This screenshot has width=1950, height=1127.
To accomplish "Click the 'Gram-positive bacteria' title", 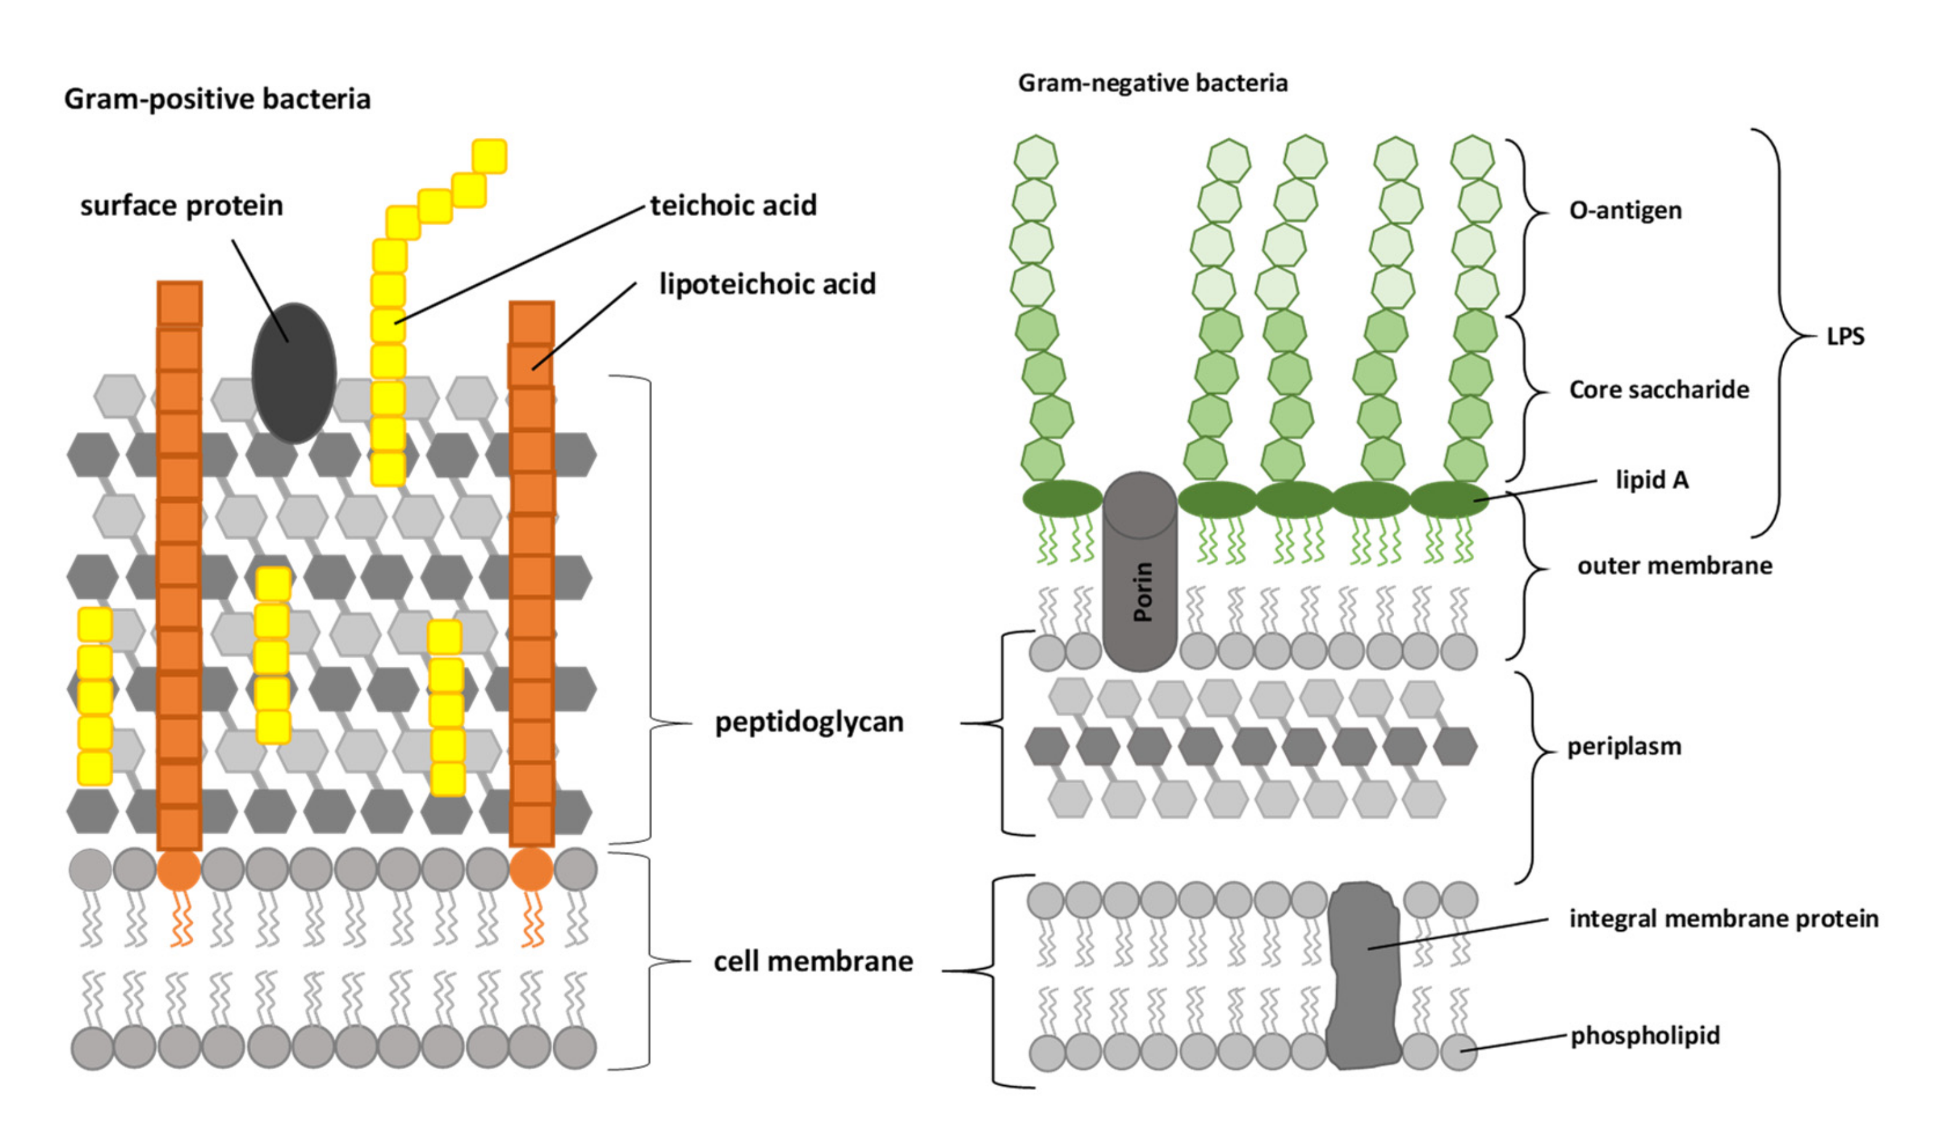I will (x=217, y=99).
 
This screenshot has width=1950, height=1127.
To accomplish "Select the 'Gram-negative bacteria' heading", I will (x=1152, y=83).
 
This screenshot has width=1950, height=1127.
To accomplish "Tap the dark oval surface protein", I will (x=294, y=373).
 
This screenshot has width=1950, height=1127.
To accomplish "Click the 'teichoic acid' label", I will (x=733, y=205).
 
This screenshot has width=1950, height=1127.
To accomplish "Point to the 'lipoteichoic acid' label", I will (x=767, y=284).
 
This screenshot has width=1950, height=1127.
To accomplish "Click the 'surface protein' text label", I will (x=181, y=205).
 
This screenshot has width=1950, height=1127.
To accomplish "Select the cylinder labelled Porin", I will (x=1140, y=572).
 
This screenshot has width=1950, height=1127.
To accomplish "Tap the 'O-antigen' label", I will (x=1625, y=210).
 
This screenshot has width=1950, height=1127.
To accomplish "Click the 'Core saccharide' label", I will (x=1658, y=389).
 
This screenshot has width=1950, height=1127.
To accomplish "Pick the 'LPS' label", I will (x=1845, y=337).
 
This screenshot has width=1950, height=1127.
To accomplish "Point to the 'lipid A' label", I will (x=1651, y=480).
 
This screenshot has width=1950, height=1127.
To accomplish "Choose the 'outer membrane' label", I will (x=1674, y=565).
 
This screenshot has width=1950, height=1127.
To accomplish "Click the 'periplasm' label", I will (x=1623, y=746).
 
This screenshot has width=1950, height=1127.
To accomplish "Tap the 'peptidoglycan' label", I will (x=809, y=722).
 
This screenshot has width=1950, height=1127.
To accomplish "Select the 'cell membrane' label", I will (x=812, y=962).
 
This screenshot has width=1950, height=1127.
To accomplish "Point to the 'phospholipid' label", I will (x=1644, y=1035).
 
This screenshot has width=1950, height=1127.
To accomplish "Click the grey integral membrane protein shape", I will (x=1363, y=976).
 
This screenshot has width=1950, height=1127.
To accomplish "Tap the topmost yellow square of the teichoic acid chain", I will (x=489, y=156).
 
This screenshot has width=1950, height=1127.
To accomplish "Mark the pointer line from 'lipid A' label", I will (x=1536, y=490).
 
